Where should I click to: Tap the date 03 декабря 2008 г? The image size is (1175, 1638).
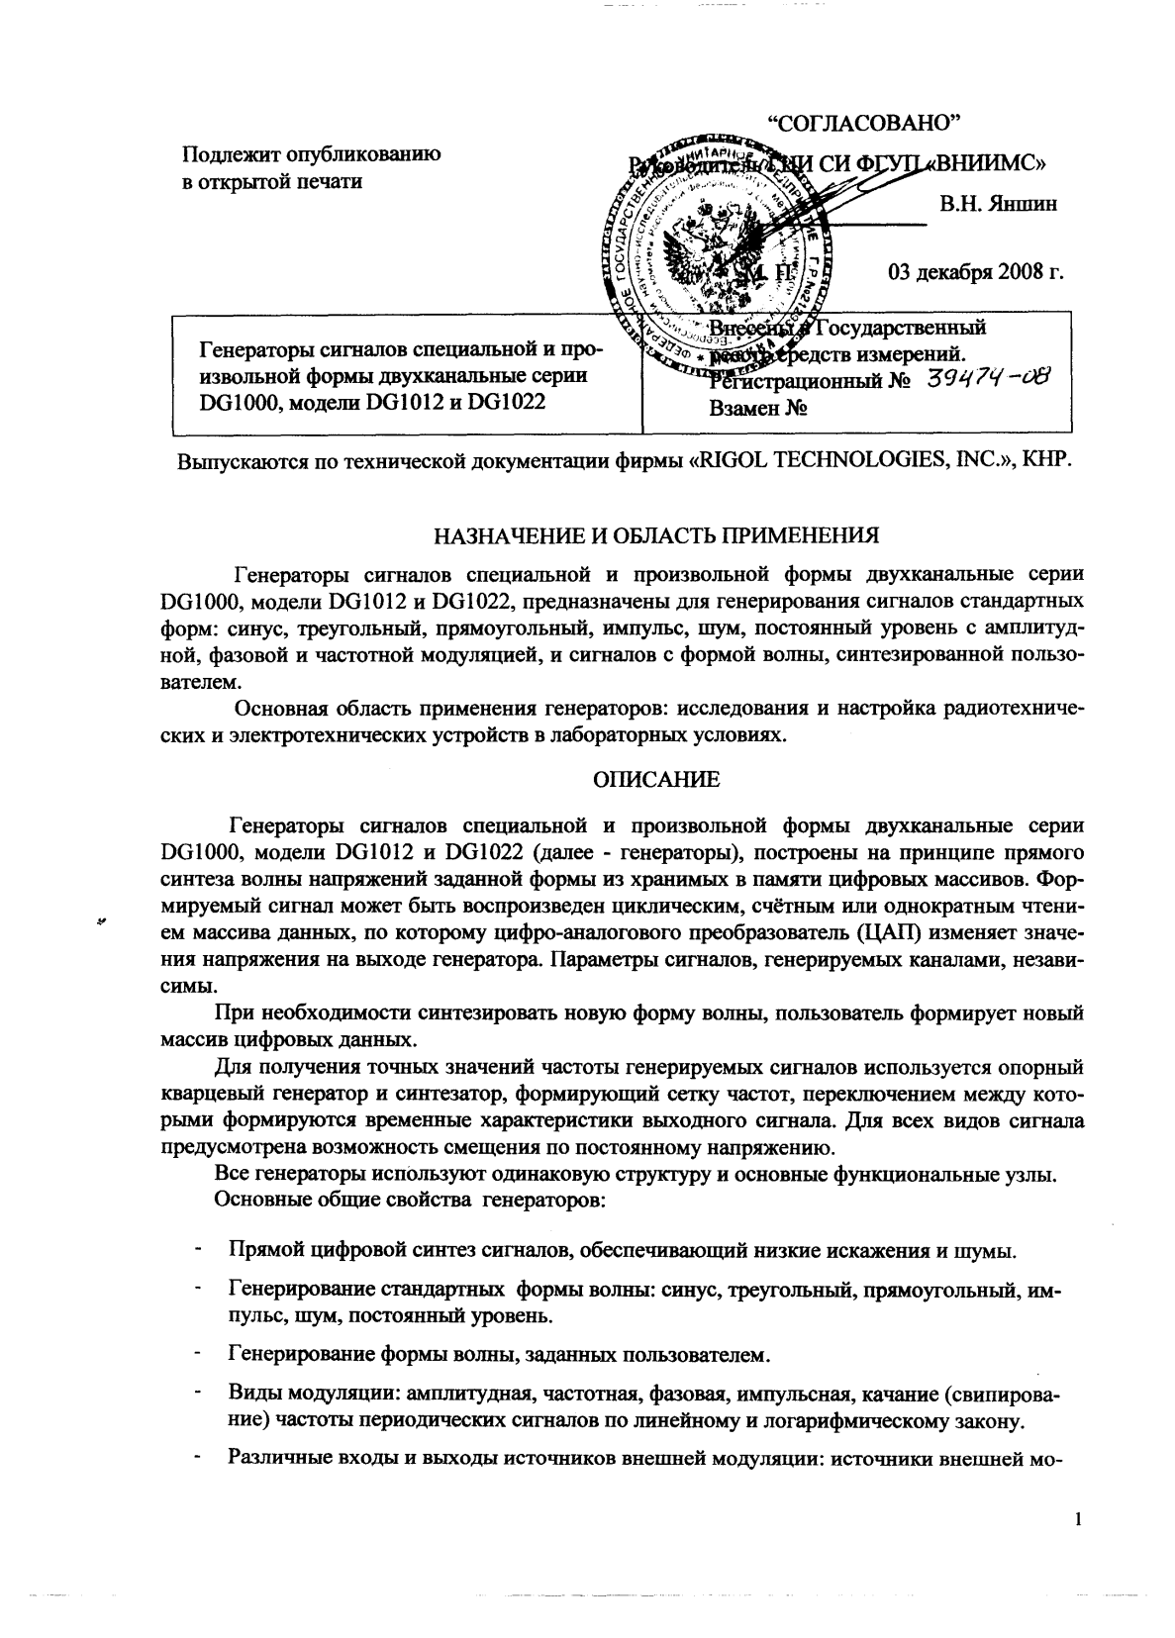976,273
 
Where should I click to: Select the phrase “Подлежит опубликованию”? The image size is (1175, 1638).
310,154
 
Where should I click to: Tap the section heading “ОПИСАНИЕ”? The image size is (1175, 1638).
657,780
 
